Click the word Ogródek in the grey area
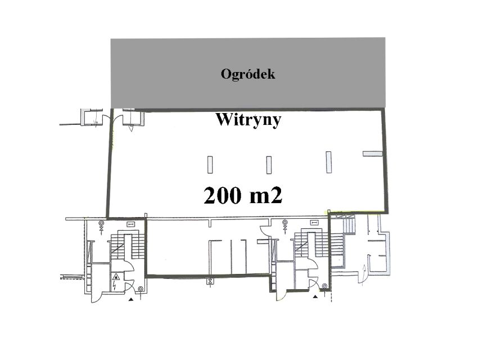coord(248,74)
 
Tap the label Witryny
coord(248,120)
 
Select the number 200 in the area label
coord(223,195)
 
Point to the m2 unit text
coord(266,195)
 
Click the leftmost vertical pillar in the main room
coord(210,165)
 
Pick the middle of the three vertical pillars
coord(269,165)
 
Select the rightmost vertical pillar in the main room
coord(328,162)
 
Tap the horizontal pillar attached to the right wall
coord(373,154)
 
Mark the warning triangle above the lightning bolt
coord(116,277)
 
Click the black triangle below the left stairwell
coord(131,300)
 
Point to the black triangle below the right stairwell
coord(315,296)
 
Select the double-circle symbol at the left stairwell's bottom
coord(141,289)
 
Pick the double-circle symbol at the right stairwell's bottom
coord(324,286)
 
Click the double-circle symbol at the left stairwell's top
coord(101,223)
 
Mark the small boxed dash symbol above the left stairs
coord(131,224)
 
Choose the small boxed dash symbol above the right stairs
coord(314,223)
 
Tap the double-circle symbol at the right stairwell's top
coord(285,222)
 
